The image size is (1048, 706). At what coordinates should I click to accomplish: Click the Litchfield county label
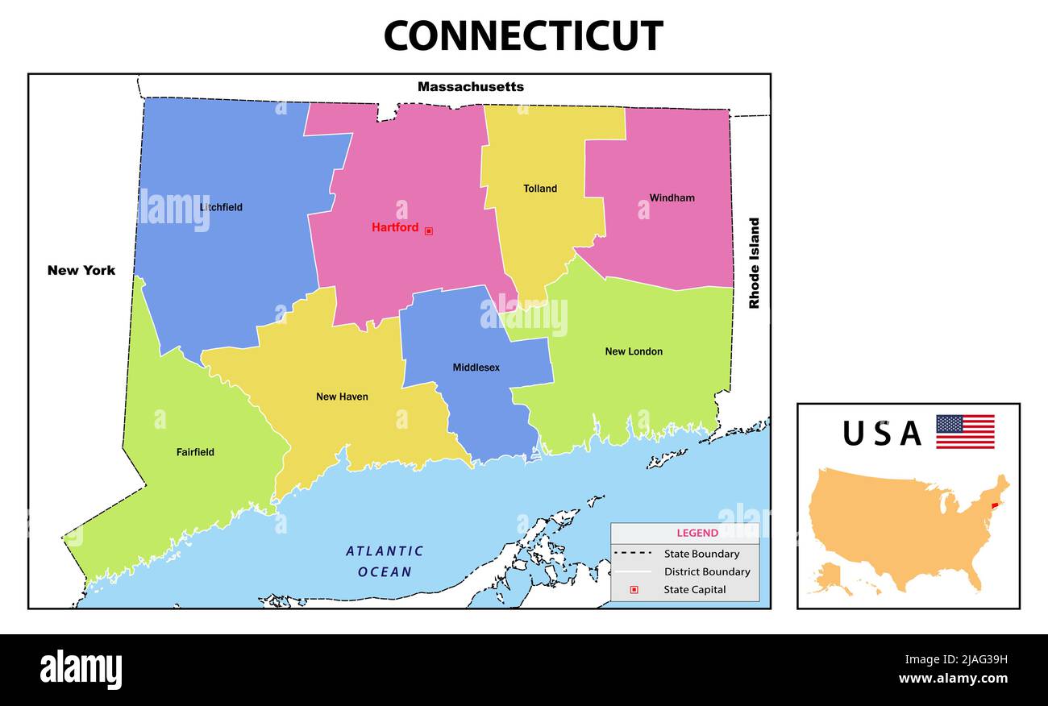(221, 207)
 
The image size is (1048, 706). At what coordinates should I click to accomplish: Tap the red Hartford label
(395, 227)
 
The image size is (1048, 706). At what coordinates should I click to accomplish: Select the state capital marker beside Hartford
(429, 230)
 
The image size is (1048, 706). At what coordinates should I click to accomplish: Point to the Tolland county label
(540, 189)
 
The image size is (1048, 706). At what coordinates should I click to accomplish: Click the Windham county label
(672, 197)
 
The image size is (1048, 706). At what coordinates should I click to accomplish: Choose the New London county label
(634, 351)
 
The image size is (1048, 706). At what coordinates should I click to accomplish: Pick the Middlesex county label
(476, 368)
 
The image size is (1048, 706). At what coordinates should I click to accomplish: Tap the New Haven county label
(342, 397)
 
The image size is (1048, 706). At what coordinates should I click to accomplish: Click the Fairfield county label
(195, 452)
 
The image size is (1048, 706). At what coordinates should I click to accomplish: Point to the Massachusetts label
(470, 86)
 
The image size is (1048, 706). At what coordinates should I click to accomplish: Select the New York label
(81, 270)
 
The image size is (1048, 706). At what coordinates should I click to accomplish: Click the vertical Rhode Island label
(755, 263)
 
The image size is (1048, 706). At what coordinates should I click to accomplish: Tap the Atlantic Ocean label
(385, 561)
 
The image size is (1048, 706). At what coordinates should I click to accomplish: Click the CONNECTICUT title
(523, 36)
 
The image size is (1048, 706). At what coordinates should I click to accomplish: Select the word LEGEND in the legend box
(697, 533)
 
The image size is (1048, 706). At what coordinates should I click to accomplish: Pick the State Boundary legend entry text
(701, 554)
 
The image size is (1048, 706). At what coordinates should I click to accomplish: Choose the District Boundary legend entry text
(707, 571)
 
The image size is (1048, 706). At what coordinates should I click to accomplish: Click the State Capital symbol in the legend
(634, 589)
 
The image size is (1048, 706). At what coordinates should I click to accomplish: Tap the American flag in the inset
(965, 432)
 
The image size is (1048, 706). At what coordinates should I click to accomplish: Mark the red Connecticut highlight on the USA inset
(994, 505)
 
